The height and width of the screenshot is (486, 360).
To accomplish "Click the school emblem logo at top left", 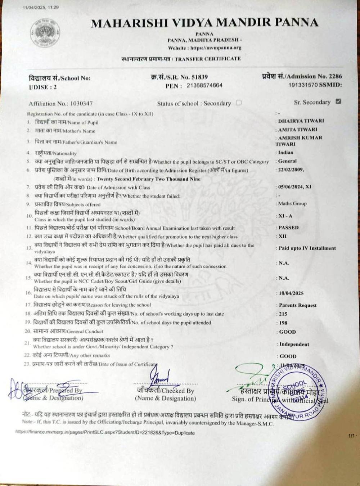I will tap(45, 33).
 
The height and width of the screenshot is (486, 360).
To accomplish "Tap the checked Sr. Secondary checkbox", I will tap(338, 102).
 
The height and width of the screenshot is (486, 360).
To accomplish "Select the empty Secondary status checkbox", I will tap(238, 103).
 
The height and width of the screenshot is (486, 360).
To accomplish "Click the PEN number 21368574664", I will tap(204, 85).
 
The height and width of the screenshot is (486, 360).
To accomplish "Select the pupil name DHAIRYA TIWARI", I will tap(301, 121).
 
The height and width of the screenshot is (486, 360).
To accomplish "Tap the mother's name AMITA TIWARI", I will tap(298, 130).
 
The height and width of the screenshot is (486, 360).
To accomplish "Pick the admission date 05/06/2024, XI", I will tap(295, 187).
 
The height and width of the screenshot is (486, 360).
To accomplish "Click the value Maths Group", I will tap(292, 203).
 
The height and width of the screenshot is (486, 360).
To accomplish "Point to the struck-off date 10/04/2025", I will tap(291, 293).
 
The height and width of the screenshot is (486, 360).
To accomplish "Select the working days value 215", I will tap(283, 314).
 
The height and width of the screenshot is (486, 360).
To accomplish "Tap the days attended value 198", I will tap(283, 323).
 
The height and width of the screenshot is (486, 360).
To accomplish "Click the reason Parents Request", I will tap(298, 305).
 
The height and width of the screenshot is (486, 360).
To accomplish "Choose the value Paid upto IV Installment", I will tap(307, 248).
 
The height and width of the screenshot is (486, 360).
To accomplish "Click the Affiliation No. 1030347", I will tap(81, 104).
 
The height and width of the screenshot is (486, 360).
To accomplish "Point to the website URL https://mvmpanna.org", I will tap(216, 48).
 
